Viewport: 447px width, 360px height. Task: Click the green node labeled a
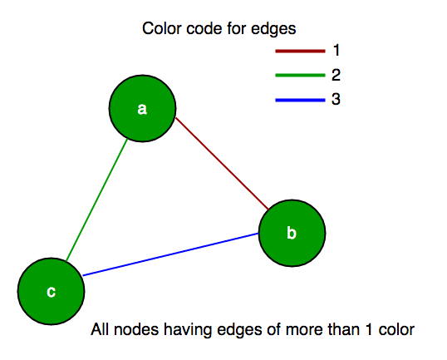coord(142,109)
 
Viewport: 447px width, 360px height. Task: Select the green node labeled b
coord(291,233)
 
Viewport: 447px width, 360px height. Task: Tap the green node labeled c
coord(52,291)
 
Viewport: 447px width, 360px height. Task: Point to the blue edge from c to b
coord(170,254)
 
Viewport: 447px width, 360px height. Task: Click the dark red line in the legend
coord(298,51)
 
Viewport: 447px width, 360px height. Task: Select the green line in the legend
coord(298,76)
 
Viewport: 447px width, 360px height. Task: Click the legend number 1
coord(336,51)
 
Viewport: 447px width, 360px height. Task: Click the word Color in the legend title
coord(160,28)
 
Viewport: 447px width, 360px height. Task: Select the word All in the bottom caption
coord(100,331)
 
